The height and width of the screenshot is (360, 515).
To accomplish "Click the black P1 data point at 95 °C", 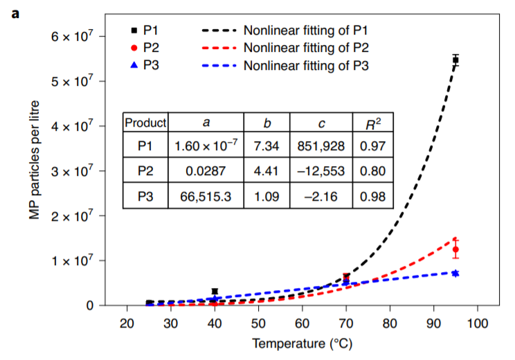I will [455, 60].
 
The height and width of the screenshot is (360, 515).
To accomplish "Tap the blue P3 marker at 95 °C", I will [455, 273].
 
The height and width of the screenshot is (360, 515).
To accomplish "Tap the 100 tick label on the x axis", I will [478, 324].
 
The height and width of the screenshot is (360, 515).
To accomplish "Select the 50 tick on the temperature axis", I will [258, 324].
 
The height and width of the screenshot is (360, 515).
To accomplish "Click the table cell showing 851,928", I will [321, 147].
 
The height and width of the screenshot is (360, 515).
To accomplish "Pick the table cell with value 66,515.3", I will [206, 197].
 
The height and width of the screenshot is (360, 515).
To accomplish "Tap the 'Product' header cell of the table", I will [145, 123].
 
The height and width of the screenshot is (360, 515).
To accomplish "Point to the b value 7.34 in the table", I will [266, 147].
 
